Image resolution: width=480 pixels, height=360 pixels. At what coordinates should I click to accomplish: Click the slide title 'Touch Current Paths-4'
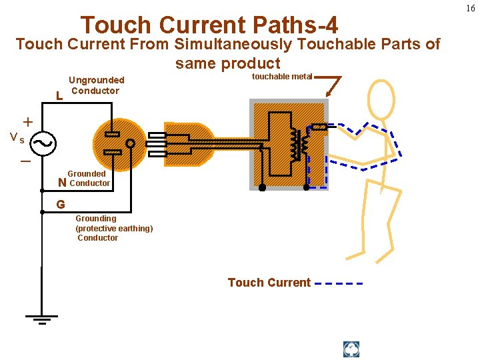tap(209, 25)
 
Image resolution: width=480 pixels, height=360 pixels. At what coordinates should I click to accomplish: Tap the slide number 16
tap(471, 8)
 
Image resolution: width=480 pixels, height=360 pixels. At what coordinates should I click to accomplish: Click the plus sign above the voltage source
tap(28, 122)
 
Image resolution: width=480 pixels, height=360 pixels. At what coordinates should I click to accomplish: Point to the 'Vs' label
tap(17, 139)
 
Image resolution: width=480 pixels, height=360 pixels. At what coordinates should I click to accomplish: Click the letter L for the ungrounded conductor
tap(59, 96)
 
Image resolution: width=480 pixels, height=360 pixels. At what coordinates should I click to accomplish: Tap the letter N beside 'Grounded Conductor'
tap(62, 183)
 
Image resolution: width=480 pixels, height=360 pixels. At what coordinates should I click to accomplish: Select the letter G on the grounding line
tap(60, 205)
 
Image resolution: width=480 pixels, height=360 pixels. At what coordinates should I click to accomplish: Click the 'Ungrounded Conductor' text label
tap(97, 85)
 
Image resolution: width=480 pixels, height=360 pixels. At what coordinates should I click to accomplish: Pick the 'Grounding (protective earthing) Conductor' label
tap(113, 228)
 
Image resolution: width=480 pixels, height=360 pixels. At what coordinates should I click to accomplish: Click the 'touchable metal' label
tap(281, 77)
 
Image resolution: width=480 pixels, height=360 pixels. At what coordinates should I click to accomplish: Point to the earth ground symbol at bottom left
tap(41, 317)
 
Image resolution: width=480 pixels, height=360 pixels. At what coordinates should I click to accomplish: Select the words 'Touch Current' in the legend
tap(269, 283)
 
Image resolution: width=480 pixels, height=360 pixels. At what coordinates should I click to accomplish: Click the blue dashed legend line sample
tap(339, 283)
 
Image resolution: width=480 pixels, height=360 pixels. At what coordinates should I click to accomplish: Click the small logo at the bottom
tap(351, 349)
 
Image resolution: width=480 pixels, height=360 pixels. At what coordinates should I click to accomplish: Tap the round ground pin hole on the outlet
tap(131, 143)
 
